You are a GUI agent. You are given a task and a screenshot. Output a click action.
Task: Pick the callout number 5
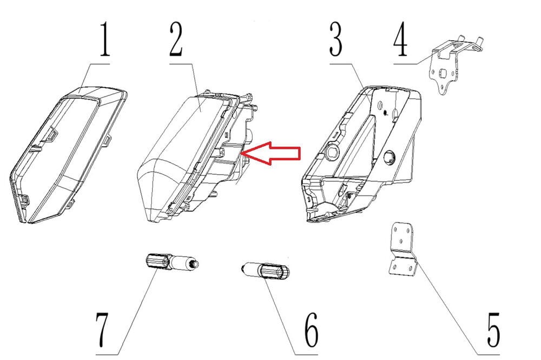(493, 330)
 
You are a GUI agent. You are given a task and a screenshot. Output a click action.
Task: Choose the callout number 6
(311, 330)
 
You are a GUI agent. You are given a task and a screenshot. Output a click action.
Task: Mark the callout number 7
(103, 330)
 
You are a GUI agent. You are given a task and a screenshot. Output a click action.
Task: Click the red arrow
(271, 153)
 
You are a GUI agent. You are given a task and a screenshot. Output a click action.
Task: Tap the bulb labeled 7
(171, 262)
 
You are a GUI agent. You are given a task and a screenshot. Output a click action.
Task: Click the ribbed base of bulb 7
(157, 260)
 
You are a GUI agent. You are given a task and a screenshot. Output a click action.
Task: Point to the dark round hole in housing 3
(390, 157)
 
